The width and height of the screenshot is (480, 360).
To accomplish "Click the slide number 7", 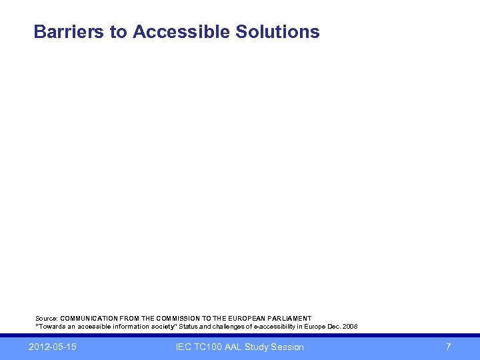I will point(449,347).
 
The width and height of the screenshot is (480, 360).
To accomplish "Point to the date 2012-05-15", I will point(53,347).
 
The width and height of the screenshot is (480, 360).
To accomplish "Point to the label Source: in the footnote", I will point(47,319).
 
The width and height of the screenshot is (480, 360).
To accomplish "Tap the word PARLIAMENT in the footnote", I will point(288,319).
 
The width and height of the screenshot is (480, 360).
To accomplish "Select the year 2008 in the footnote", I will point(350,327).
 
